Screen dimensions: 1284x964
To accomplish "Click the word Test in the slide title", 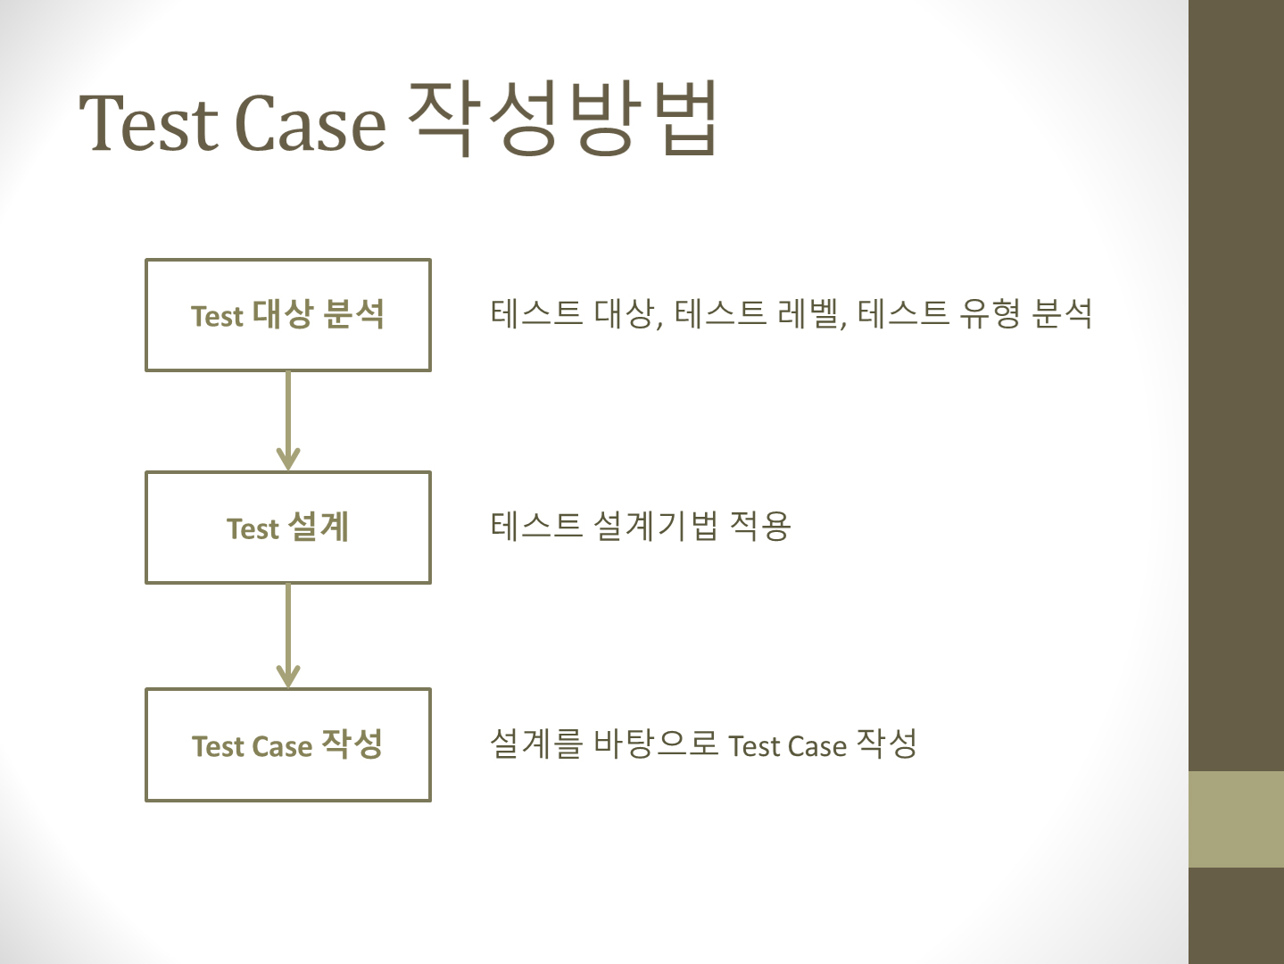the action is (x=149, y=123).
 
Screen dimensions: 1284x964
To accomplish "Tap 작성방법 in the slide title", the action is (x=563, y=118).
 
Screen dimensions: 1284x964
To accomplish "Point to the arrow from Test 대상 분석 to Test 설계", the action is (x=288, y=420).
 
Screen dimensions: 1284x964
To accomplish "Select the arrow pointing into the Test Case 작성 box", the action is (x=288, y=635).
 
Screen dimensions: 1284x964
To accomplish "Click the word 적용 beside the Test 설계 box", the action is (x=760, y=526).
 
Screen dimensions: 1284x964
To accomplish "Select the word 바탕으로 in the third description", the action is (x=656, y=743).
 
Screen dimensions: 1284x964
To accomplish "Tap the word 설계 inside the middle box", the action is (x=319, y=527).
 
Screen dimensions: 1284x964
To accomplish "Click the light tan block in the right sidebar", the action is (x=1236, y=819).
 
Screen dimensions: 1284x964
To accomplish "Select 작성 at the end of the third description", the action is (x=886, y=743).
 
